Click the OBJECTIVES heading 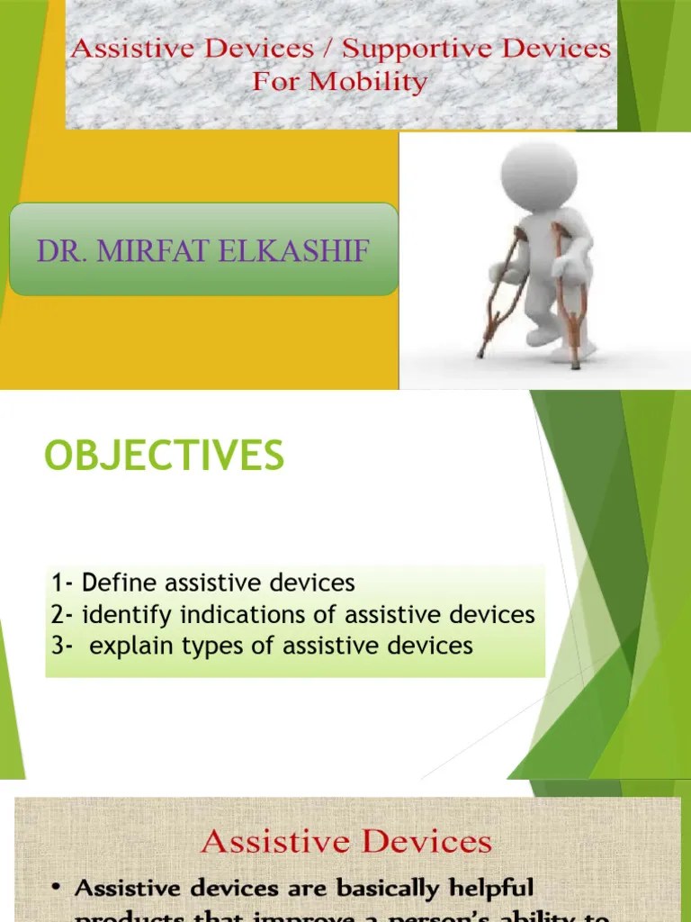(x=164, y=456)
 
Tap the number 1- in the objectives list (x=62, y=583)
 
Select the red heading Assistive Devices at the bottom (x=346, y=842)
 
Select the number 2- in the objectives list (x=63, y=615)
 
